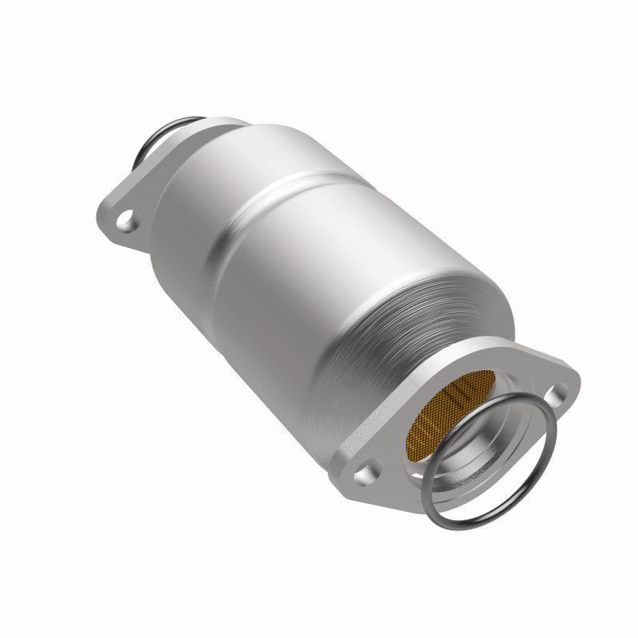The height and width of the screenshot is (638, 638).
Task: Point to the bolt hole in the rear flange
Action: [125, 217]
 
